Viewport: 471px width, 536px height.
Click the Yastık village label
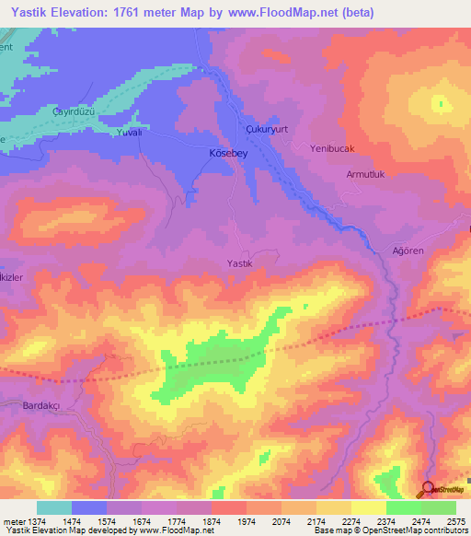[x=239, y=263]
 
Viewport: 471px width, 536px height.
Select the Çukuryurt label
[x=268, y=130]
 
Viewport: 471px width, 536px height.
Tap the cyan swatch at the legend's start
[x=54, y=507]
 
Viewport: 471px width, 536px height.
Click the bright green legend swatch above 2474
[x=404, y=507]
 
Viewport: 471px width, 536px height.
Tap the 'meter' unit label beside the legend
[x=12, y=521]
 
